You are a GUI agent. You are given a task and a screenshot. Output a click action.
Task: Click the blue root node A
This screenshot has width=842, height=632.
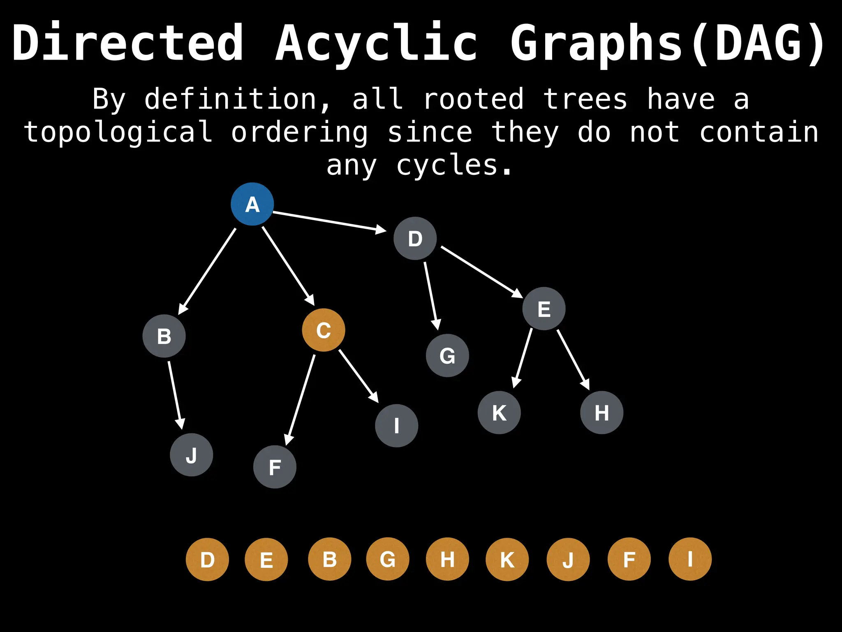[252, 204]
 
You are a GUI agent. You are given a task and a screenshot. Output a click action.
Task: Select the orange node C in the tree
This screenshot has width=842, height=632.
[324, 330]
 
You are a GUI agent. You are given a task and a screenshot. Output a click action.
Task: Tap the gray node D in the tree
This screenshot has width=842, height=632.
[415, 238]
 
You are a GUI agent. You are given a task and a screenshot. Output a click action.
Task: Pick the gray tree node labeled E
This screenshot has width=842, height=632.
[544, 309]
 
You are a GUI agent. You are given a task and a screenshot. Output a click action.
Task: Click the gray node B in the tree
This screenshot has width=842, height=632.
[164, 336]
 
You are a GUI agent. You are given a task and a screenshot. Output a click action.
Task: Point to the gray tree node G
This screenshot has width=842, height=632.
[447, 355]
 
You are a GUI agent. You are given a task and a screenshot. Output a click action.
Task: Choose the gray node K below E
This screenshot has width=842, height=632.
[499, 412]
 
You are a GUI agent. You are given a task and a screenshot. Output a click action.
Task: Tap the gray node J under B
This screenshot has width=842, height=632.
[192, 455]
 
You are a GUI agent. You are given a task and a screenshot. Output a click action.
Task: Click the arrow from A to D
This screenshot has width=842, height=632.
[329, 221]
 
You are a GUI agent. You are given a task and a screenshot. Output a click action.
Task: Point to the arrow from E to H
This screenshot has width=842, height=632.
[573, 359]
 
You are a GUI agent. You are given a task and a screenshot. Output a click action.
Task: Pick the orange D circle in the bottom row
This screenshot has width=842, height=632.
[207, 560]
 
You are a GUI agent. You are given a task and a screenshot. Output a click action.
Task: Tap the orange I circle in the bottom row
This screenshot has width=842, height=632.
[690, 559]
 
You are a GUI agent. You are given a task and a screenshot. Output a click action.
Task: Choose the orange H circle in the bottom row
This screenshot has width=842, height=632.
[447, 559]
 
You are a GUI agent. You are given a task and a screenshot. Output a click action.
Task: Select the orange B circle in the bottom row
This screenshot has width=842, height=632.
[330, 559]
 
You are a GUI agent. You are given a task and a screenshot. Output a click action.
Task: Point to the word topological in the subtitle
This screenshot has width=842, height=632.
[118, 132]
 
